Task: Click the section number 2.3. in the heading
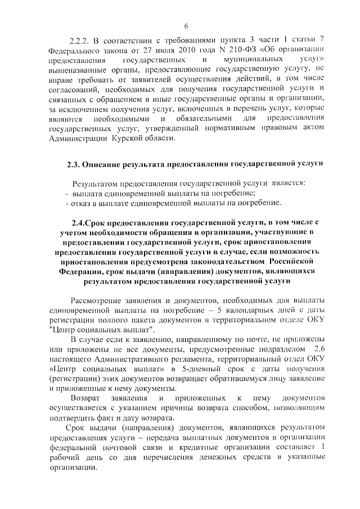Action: click(73, 165)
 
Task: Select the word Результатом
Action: click(94, 184)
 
